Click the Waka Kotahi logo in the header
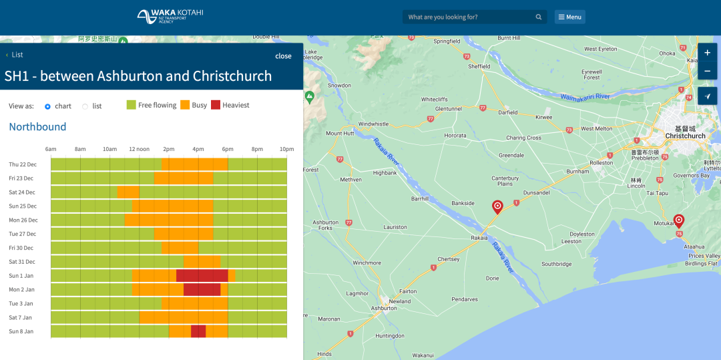click(170, 17)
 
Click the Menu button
click(569, 17)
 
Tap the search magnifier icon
click(539, 17)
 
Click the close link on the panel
click(283, 56)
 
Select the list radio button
click(85, 106)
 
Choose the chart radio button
click(47, 106)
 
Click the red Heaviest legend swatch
click(216, 105)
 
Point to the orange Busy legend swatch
click(185, 105)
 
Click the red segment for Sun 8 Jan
click(198, 331)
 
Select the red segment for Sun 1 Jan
click(202, 275)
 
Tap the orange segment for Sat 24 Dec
click(128, 192)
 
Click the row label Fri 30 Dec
click(21, 248)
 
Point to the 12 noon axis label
click(140, 149)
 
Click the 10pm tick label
click(286, 149)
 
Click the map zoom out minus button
click(707, 71)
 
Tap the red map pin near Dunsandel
click(497, 207)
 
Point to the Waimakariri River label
click(585, 97)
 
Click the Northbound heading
click(37, 126)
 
